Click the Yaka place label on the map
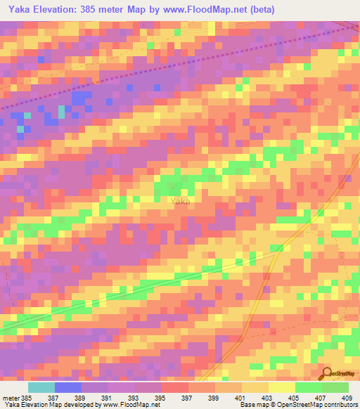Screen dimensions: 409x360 click(x=180, y=201)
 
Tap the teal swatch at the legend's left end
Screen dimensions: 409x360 click(x=41, y=387)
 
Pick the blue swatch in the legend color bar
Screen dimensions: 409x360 click(x=68, y=387)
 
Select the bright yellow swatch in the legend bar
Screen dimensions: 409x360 click(x=282, y=387)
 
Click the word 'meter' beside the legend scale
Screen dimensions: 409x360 click(x=11, y=398)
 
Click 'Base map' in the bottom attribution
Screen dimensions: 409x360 click(x=252, y=405)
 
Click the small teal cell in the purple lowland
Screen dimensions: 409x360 click(x=62, y=110)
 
